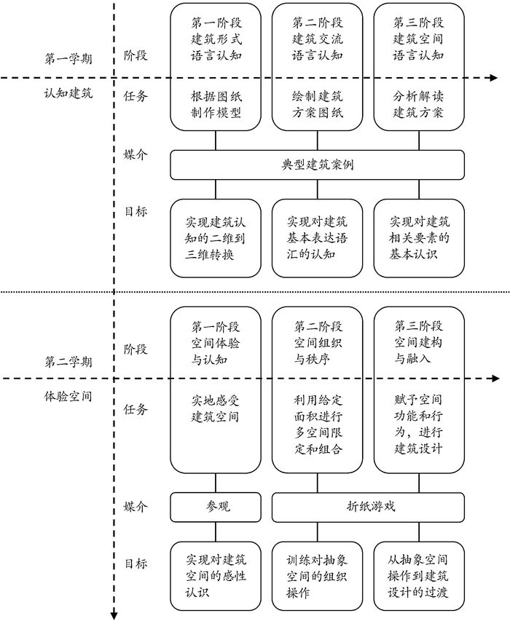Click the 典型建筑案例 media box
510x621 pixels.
(x=317, y=165)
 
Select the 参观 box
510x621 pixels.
(x=216, y=507)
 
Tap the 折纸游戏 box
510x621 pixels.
(x=368, y=507)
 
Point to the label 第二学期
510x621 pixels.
(x=69, y=361)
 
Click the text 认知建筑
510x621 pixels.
(x=69, y=93)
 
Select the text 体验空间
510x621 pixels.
(x=69, y=397)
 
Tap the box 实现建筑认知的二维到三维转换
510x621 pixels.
(x=216, y=238)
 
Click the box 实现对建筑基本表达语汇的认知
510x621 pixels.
(x=317, y=238)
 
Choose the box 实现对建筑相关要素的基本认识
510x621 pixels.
(x=419, y=238)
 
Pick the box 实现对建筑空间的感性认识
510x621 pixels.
(x=216, y=577)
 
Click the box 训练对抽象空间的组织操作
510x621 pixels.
(x=317, y=577)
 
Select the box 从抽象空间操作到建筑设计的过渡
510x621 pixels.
(x=419, y=577)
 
